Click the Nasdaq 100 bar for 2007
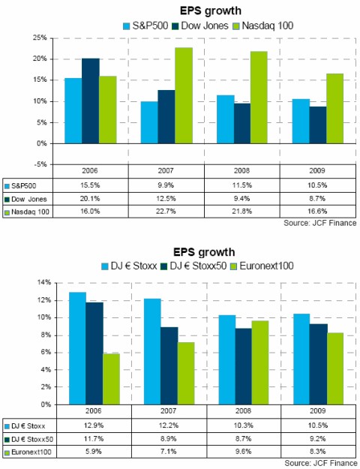[184, 95]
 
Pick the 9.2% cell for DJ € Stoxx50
[316, 440]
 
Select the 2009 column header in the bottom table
[316, 412]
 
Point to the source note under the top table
[316, 224]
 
